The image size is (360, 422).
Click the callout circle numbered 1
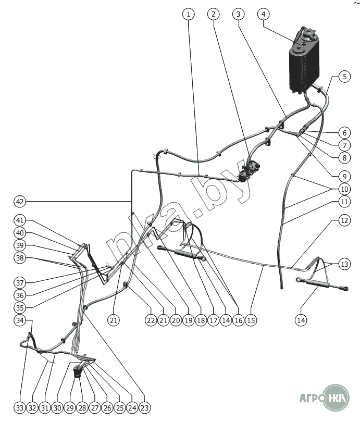pos(188,14)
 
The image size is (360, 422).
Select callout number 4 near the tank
pos(264,14)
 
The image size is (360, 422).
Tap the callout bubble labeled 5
pos(344,77)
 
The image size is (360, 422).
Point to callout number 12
pos(344,220)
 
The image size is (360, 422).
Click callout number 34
pos(19,320)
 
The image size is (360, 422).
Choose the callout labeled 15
pos(251,320)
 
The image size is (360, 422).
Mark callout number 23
pos(145,408)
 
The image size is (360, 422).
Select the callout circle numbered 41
pos(19,220)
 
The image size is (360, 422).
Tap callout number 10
pos(344,189)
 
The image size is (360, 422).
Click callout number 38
pos(19,257)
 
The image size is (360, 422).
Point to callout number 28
pos(82,408)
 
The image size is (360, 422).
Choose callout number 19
pos(189,320)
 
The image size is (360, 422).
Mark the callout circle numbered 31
pos(44,408)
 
